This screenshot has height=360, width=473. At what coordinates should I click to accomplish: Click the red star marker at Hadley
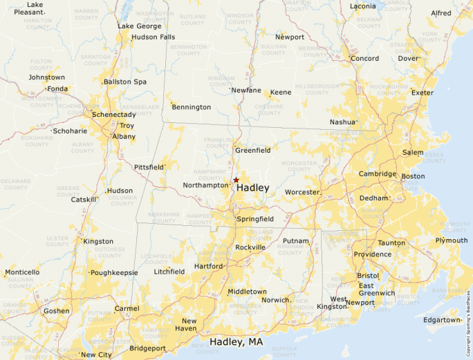click(236, 180)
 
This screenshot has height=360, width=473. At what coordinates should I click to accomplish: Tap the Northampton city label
click(205, 185)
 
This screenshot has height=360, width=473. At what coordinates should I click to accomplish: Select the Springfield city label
click(255, 219)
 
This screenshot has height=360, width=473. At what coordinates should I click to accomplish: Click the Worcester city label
click(302, 192)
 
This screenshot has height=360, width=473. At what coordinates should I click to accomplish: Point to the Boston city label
click(413, 176)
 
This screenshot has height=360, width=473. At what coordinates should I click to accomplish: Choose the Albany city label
click(124, 137)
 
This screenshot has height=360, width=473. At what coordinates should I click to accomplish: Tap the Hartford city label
click(208, 266)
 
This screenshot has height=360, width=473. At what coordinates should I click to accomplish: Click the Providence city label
click(372, 254)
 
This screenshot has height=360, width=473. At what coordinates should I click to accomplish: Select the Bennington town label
click(191, 107)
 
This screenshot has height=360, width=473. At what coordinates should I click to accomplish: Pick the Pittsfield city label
click(149, 167)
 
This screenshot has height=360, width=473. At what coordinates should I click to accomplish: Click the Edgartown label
click(441, 320)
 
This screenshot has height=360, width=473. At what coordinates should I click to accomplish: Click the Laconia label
click(362, 6)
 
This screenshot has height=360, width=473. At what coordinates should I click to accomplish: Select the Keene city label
click(280, 92)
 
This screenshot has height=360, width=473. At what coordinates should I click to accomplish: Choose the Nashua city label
click(342, 122)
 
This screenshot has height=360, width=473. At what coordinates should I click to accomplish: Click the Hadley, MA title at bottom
click(236, 342)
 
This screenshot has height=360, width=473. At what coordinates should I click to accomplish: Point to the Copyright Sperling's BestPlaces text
click(468, 319)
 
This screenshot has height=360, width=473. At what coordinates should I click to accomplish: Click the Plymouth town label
click(451, 240)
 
